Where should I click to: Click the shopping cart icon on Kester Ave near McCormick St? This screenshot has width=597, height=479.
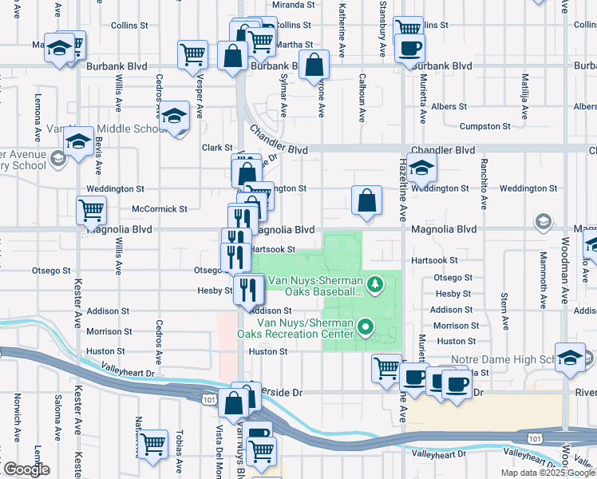pyautogui.click(x=92, y=211)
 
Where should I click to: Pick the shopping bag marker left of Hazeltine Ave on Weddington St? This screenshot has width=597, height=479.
pyautogui.click(x=366, y=200)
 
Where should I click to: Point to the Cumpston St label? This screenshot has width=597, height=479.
pyautogui.click(x=484, y=126)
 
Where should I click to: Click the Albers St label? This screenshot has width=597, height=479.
pyautogui.click(x=448, y=106)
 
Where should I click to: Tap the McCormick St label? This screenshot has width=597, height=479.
pyautogui.click(x=160, y=209)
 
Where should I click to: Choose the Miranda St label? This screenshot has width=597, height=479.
pyautogui.click(x=267, y=5)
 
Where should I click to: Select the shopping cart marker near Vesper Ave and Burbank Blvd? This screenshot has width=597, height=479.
pyautogui.click(x=192, y=54)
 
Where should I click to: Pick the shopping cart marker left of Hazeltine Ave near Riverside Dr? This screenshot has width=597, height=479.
pyautogui.click(x=387, y=368)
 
